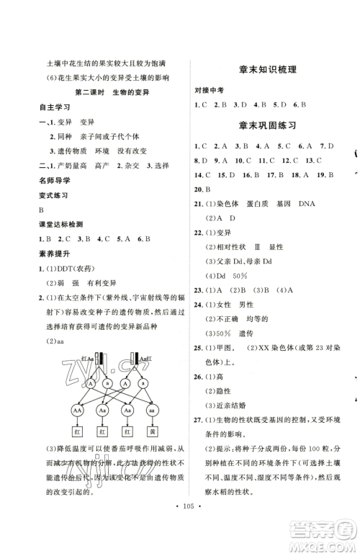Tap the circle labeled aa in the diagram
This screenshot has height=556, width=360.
click(152, 408)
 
